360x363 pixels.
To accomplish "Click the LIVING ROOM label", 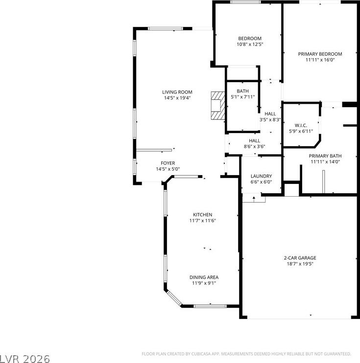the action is (177, 92).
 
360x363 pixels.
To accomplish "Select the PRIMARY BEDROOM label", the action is (320, 54).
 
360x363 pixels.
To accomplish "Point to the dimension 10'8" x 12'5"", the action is (250, 44).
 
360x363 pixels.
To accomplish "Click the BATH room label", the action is (243, 91).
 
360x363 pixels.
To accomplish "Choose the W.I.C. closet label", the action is (301, 125).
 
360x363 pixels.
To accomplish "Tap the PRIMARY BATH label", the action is (325, 156).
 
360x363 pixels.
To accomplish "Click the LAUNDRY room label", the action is (261, 176).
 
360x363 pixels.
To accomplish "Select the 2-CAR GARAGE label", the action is (300, 258).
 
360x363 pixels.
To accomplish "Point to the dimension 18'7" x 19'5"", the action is (300, 264).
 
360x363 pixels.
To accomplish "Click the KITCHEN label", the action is (203, 215).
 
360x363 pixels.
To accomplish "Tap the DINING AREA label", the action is (204, 277).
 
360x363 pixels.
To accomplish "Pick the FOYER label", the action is (168, 163).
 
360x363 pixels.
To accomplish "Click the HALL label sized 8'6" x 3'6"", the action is (255, 140).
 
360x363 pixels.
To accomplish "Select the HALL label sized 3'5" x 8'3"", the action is (270, 113).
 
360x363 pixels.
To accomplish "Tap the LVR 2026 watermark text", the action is (25, 359).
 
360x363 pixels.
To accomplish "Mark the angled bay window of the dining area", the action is (174, 298).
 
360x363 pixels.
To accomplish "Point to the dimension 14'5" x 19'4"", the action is (177, 98).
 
